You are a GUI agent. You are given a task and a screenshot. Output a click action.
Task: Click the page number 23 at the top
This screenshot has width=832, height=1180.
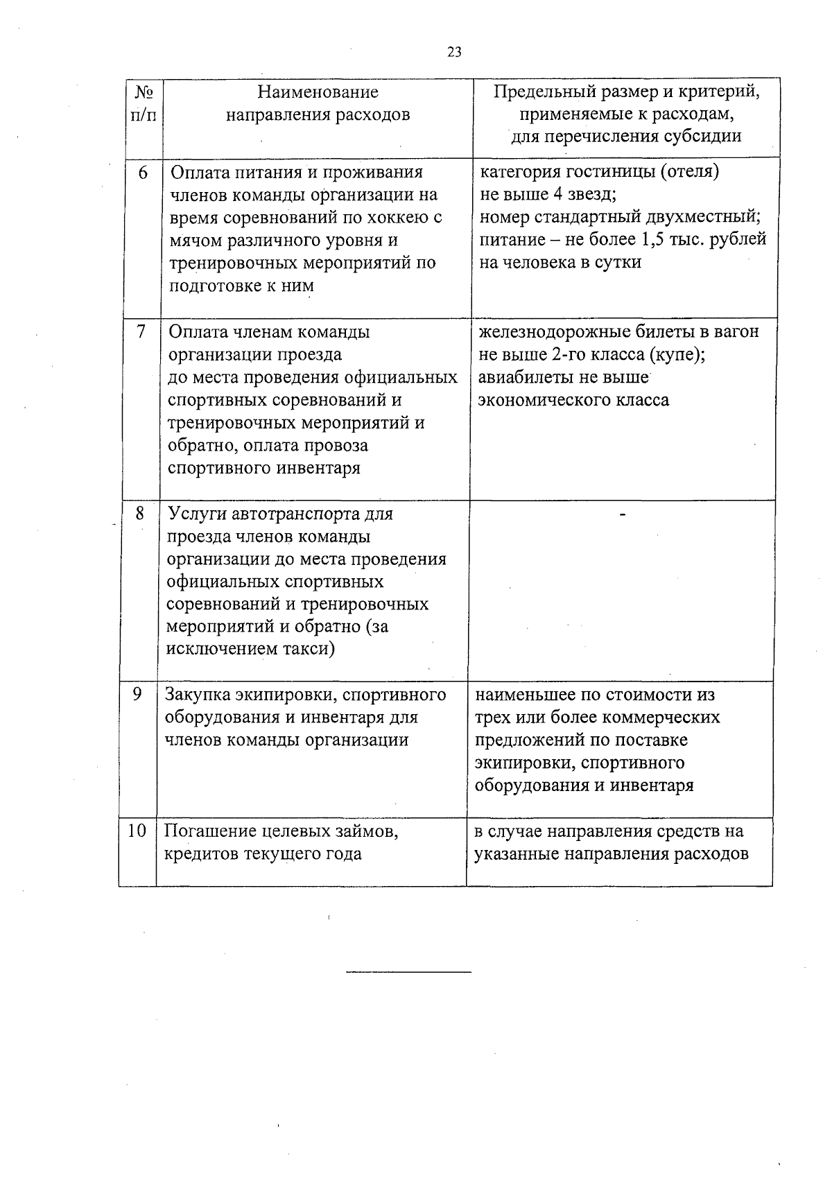point(455,53)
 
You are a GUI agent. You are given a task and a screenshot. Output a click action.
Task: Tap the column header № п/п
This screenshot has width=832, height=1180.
point(143,103)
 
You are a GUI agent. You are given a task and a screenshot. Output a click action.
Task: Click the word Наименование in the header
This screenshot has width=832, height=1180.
point(318,92)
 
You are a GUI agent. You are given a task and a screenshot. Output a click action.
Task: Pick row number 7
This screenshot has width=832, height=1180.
point(141,332)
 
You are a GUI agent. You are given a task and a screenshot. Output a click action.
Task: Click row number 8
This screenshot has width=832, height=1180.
point(139,513)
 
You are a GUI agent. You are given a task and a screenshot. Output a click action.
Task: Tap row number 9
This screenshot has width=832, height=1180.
point(137,694)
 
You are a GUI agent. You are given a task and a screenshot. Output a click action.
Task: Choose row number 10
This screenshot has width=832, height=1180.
point(137,831)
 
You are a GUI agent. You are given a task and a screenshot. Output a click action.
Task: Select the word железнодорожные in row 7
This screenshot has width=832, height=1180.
point(552,332)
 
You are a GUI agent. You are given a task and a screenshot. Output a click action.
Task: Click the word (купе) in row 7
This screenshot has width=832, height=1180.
point(676,355)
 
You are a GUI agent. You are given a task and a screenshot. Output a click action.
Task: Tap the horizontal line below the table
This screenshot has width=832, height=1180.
point(408,972)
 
